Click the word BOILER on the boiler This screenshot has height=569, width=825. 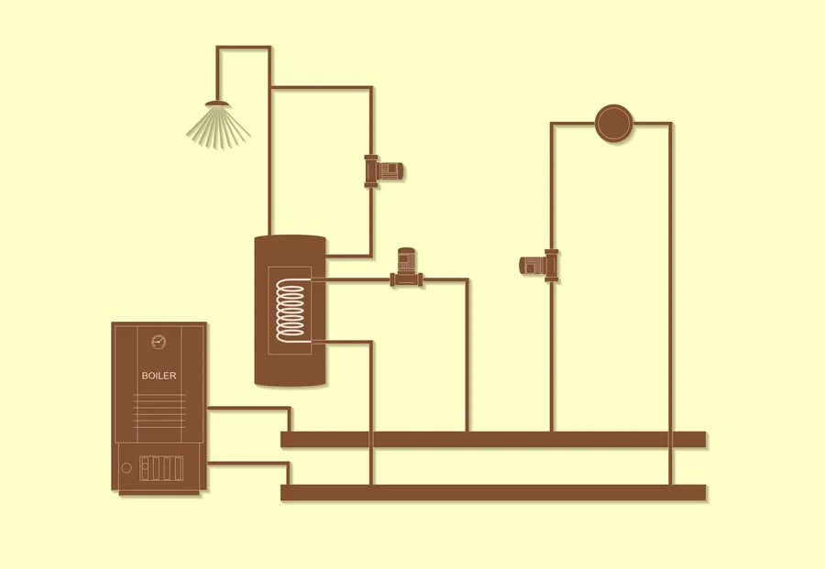[159, 376]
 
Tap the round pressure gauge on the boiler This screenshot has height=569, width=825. [159, 342]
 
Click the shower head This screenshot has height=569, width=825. [217, 103]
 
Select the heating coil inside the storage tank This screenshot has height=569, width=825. [291, 311]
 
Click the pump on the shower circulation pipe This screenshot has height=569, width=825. [383, 171]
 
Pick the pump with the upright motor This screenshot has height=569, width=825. [406, 268]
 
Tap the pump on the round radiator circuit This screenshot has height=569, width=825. [539, 265]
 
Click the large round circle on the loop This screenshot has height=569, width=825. [614, 123]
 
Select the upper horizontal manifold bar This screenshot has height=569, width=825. [493, 439]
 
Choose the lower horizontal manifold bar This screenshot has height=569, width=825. [493, 493]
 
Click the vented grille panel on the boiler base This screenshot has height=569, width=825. [161, 468]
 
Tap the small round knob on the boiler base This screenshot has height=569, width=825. [126, 467]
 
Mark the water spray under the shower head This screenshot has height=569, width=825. [218, 126]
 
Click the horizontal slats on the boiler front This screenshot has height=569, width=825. [159, 410]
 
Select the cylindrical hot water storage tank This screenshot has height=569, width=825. [290, 311]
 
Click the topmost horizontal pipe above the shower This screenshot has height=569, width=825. [244, 48]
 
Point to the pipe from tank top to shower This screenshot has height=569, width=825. [269, 141]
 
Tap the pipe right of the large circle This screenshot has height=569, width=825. [670, 303]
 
